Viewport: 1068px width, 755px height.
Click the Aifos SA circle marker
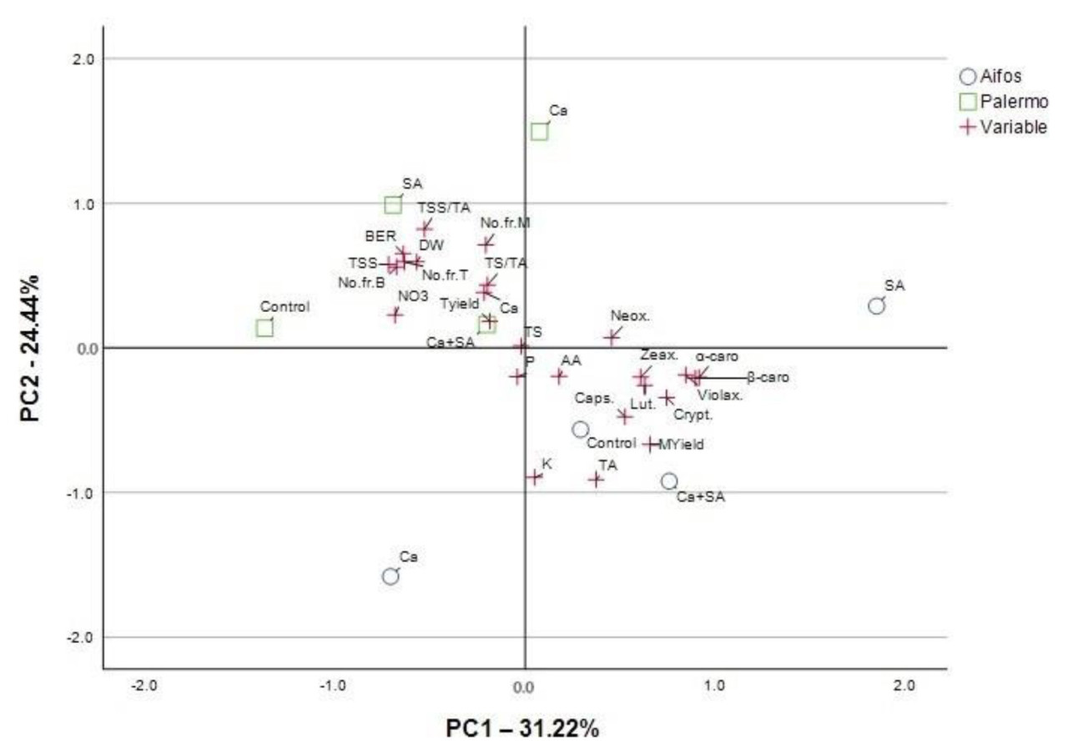tap(876, 306)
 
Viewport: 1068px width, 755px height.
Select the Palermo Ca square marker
tap(539, 132)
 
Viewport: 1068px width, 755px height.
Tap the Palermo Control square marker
tap(264, 328)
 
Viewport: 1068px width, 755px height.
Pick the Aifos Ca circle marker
tap(390, 576)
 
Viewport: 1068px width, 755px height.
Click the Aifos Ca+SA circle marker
tap(669, 481)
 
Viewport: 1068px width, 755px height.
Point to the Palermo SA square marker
tap(393, 204)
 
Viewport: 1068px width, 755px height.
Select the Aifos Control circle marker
tap(580, 430)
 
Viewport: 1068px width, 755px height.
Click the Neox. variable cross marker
tap(612, 337)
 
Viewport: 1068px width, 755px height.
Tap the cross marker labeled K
tap(534, 477)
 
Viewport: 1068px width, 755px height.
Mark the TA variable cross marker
tap(596, 480)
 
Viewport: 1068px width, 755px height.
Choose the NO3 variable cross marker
tap(395, 315)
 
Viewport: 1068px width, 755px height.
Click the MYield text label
tap(682, 445)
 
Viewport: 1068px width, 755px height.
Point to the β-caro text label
tap(768, 378)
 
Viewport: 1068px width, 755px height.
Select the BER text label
tap(380, 236)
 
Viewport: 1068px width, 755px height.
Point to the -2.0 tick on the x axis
tap(145, 687)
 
